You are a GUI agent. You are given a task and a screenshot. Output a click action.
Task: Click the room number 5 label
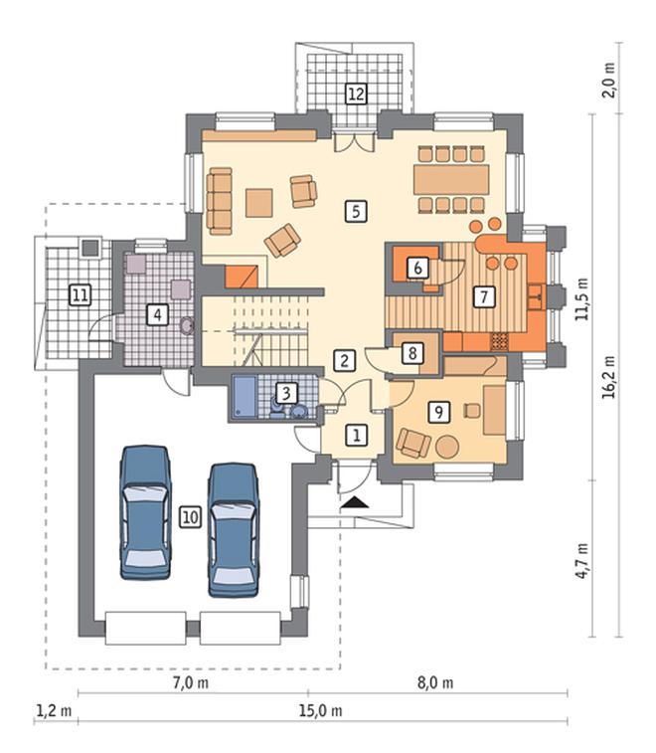pyautogui.click(x=356, y=211)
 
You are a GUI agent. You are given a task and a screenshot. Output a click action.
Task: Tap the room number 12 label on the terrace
pyautogui.click(x=356, y=94)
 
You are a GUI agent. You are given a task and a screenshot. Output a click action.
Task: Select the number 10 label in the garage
pyautogui.click(x=190, y=517)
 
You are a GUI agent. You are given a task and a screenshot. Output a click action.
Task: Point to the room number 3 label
pyautogui.click(x=286, y=393)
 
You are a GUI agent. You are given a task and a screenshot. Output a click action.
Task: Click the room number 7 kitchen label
pyautogui.click(x=484, y=296)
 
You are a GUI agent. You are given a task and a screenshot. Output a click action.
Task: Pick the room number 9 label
pyautogui.click(x=438, y=412)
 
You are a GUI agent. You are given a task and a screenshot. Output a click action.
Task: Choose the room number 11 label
pyautogui.click(x=81, y=294)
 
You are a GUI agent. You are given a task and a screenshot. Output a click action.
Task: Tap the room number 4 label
pyautogui.click(x=157, y=315)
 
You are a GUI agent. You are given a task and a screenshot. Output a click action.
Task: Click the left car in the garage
pyautogui.click(x=145, y=512)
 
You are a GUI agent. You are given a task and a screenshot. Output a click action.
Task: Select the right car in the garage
pyautogui.click(x=234, y=530)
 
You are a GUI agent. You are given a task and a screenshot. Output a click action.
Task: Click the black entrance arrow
pyautogui.click(x=355, y=502)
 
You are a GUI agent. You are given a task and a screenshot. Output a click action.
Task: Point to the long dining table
pyautogui.click(x=451, y=179)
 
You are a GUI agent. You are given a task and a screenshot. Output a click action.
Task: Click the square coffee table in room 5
pyautogui.click(x=259, y=203)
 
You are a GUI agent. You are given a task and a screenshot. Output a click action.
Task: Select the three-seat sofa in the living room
pyautogui.click(x=220, y=201)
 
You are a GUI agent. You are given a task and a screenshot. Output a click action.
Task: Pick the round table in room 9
pyautogui.click(x=447, y=447)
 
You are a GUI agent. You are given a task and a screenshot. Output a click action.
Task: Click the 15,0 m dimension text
pyautogui.click(x=321, y=710)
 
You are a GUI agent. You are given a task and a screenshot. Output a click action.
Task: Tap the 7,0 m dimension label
pyautogui.click(x=191, y=682)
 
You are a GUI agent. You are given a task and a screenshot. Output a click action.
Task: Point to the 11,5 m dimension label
pyautogui.click(x=582, y=299)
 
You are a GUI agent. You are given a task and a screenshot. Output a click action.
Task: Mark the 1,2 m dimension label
pyautogui.click(x=54, y=710)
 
